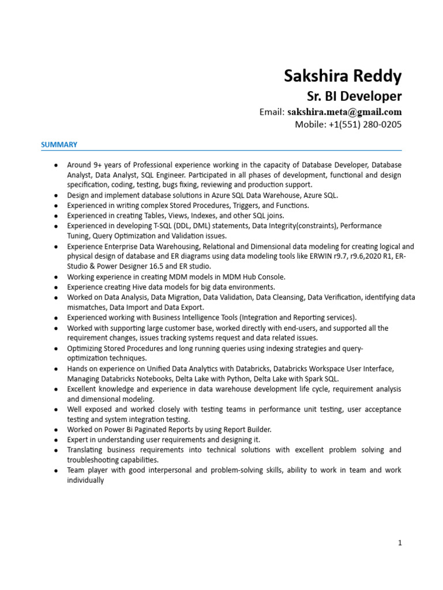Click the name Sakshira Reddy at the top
[343, 76]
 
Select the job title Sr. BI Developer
[353, 96]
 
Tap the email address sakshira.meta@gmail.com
[344, 112]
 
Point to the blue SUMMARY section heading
[59, 145]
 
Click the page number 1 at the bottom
[399, 542]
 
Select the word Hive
[128, 287]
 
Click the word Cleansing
[280, 297]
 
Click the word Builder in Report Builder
[257, 429]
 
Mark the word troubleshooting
[93, 460]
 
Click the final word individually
[85, 480]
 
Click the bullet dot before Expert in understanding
[55, 440]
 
